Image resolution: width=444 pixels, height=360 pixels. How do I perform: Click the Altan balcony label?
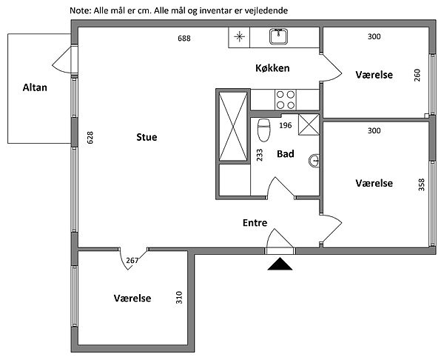[x=35, y=87]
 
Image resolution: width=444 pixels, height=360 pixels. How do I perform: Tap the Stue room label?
[x=147, y=137]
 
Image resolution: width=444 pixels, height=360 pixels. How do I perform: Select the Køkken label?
[x=272, y=68]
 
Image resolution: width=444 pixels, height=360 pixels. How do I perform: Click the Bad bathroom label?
[x=286, y=153]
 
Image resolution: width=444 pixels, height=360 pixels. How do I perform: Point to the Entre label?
[x=255, y=222]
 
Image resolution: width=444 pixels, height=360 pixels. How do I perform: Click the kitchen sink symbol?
[x=279, y=36]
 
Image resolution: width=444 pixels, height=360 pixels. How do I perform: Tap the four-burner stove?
[x=286, y=99]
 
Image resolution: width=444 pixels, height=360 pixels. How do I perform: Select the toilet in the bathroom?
[x=263, y=130]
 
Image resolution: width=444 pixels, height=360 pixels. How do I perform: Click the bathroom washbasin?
[x=314, y=161]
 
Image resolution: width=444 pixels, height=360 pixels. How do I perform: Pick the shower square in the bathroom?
[x=309, y=124]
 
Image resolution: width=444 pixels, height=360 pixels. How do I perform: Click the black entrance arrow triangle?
[x=280, y=264]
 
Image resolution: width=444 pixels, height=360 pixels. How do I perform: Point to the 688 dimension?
[x=184, y=39]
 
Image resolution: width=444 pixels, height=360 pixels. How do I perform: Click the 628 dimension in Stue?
[x=90, y=138]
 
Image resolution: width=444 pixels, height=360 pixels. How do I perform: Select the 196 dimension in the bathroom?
[x=286, y=125]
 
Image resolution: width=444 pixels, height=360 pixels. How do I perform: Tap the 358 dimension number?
[x=421, y=184]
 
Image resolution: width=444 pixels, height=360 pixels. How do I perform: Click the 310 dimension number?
[x=179, y=297]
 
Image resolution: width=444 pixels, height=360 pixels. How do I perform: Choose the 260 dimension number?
[x=417, y=76]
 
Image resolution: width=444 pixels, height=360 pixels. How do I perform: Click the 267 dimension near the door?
[x=132, y=260]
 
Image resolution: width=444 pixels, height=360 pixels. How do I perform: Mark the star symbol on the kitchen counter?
[x=239, y=36]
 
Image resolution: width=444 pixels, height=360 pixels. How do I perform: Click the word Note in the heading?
[x=79, y=10]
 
